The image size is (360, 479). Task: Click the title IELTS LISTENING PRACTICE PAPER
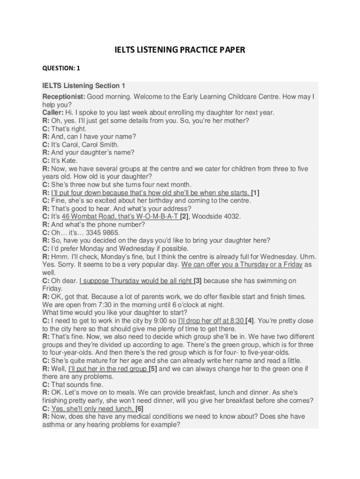point(180,50)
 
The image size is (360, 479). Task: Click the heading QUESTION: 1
point(61,68)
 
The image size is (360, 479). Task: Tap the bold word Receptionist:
point(64,96)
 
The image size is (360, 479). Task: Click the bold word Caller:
point(54,112)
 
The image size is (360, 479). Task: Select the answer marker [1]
point(255,192)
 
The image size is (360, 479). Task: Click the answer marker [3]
point(198,281)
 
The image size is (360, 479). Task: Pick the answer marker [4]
point(250,321)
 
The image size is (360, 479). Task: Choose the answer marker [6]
point(139,408)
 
